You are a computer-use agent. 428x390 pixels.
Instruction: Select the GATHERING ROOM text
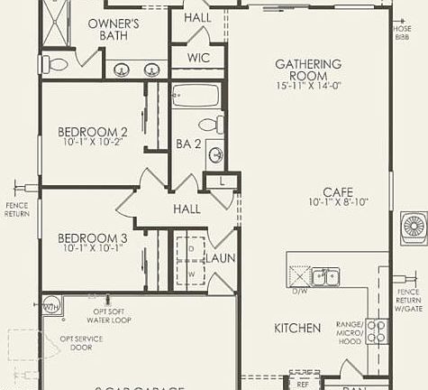pyautogui.click(x=307, y=70)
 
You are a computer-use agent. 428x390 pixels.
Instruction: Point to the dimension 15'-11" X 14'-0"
pyautogui.click(x=307, y=87)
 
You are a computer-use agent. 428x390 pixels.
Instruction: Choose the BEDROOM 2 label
pyautogui.click(x=93, y=132)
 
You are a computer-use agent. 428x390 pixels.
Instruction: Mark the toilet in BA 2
pyautogui.click(x=209, y=125)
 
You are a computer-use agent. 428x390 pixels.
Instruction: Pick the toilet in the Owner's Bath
pyautogui.click(x=56, y=64)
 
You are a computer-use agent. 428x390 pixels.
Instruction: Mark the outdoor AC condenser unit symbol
pyautogui.click(x=414, y=224)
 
